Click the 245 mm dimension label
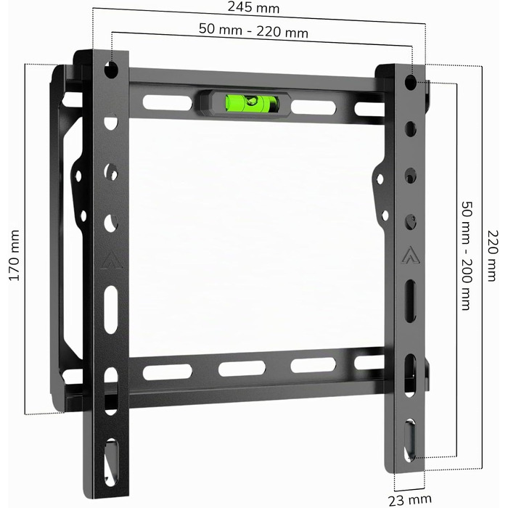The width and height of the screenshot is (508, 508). (253, 7)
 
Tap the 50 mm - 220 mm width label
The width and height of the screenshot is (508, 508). (253, 30)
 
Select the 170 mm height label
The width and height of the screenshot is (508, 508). (15, 255)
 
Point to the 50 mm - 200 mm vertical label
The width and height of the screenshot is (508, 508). (467, 256)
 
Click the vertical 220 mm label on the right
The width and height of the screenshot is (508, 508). (493, 256)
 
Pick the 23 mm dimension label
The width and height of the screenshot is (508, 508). (410, 499)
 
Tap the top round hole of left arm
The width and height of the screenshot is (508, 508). (111, 70)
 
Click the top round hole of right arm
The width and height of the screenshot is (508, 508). (411, 83)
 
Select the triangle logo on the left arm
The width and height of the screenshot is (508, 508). (112, 262)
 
